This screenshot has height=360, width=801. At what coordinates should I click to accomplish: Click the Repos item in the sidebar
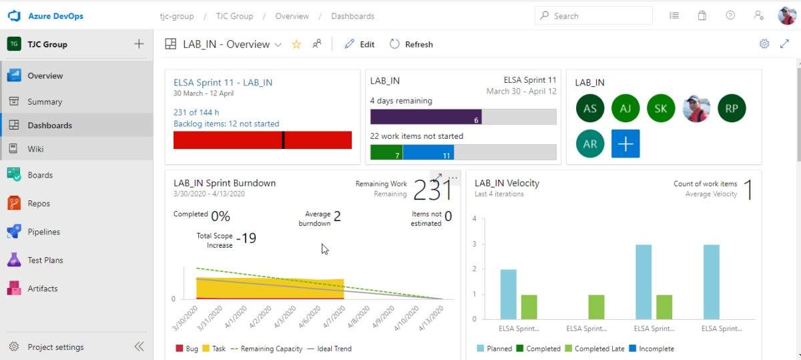click(x=38, y=204)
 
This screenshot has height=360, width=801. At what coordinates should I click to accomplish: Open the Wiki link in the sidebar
click(x=35, y=149)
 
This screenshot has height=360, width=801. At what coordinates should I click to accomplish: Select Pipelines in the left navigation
click(x=43, y=232)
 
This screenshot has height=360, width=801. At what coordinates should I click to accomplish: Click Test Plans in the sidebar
click(x=45, y=260)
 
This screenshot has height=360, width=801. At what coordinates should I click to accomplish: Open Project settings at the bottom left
click(x=55, y=347)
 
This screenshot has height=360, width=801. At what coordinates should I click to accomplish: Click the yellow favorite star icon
click(x=296, y=45)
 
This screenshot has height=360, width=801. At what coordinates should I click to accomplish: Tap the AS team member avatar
click(x=590, y=108)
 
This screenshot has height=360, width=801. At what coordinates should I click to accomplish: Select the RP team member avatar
click(x=732, y=108)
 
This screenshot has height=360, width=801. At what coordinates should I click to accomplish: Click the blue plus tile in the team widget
click(x=625, y=144)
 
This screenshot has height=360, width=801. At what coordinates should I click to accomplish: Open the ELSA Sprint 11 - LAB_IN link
click(x=223, y=83)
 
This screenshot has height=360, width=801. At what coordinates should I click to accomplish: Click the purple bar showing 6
click(x=426, y=117)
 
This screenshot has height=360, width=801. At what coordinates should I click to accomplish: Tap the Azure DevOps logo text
click(x=55, y=16)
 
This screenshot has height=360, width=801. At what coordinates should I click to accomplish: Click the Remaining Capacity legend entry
click(x=265, y=349)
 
